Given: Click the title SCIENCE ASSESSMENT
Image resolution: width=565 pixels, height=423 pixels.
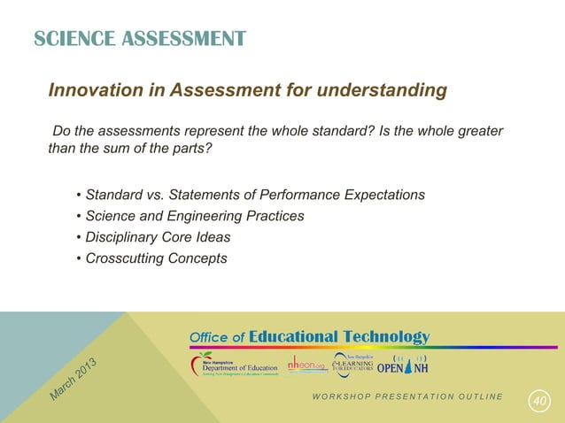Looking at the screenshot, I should click(x=140, y=39).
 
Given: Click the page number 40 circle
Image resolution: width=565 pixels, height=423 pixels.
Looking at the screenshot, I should click(x=538, y=402).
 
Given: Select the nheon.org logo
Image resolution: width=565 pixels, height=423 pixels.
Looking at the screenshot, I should click(x=306, y=365).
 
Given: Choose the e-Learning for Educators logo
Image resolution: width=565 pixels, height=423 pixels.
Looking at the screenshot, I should click(x=352, y=365).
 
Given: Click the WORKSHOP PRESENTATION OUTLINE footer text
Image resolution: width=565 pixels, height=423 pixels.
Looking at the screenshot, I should click(x=406, y=396).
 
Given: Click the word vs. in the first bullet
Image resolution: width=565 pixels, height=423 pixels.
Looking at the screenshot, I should click(x=158, y=195).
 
